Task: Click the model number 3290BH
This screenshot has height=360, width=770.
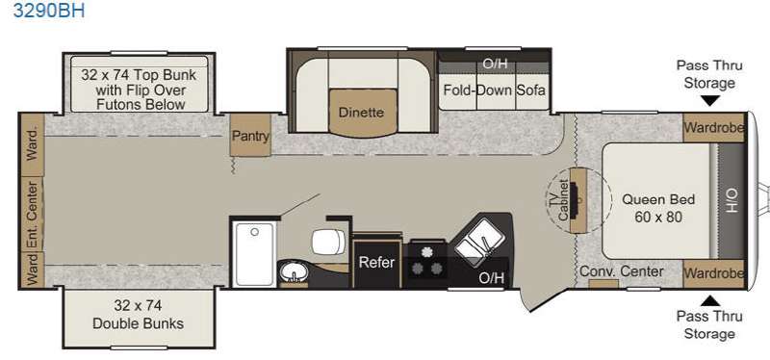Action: point(49,10)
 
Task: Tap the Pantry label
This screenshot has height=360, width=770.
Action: point(250,136)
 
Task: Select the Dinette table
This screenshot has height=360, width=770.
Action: point(363,113)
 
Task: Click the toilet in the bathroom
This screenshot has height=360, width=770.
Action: point(328,242)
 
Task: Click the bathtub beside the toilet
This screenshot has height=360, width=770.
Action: point(254,253)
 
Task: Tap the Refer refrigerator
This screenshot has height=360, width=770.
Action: point(376,262)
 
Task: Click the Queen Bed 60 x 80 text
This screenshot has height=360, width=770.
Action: point(658,208)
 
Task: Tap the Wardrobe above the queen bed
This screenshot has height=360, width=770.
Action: point(714,128)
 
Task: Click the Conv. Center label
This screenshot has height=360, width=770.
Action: point(621,271)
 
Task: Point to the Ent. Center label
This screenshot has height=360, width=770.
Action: point(32,215)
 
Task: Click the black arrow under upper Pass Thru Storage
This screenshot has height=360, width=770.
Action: point(709,101)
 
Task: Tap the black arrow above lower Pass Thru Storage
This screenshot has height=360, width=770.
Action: point(709,301)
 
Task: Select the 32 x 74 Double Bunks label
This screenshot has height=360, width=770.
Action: point(138,315)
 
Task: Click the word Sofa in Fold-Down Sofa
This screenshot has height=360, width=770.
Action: point(530,90)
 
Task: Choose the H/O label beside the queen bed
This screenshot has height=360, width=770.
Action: point(731,201)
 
